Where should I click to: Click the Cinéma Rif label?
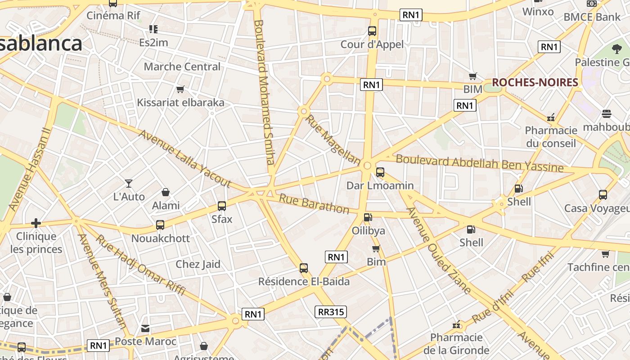113,15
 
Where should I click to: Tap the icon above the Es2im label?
153,29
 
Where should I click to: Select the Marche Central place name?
182,67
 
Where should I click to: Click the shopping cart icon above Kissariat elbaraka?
180,89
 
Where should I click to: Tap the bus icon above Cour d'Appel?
372,31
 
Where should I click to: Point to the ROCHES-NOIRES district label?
535,82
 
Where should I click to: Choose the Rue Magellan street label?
333,140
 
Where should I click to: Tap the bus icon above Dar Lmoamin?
380,172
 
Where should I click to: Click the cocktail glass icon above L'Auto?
129,183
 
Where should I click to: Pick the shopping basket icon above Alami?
166,192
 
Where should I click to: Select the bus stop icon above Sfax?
222,206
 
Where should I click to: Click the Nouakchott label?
161,238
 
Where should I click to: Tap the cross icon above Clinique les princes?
36,223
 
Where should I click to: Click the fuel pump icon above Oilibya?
368,217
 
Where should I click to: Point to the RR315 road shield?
331,312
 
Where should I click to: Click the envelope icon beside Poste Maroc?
145,328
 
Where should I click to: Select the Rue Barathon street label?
314,204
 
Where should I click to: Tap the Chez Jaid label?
198,264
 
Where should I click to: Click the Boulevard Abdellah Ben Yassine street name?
479,163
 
